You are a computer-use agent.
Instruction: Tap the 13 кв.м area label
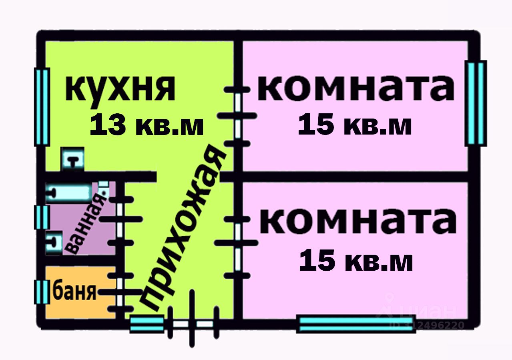coord(147,125)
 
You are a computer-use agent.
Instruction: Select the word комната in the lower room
coord(358,222)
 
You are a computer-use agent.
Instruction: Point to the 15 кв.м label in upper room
coord(355,125)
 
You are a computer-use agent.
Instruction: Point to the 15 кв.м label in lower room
coord(356,260)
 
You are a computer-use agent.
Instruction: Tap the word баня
coord(75,292)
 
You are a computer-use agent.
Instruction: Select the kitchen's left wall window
coord(42,107)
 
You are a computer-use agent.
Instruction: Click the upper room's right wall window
coord(476,103)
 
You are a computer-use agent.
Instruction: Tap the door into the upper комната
coord(238,116)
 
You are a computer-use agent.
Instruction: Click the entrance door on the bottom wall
coord(192,324)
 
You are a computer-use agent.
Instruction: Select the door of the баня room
coord(120,292)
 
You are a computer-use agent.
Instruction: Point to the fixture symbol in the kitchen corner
coord(72,159)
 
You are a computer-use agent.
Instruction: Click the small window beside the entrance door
coord(147,324)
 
